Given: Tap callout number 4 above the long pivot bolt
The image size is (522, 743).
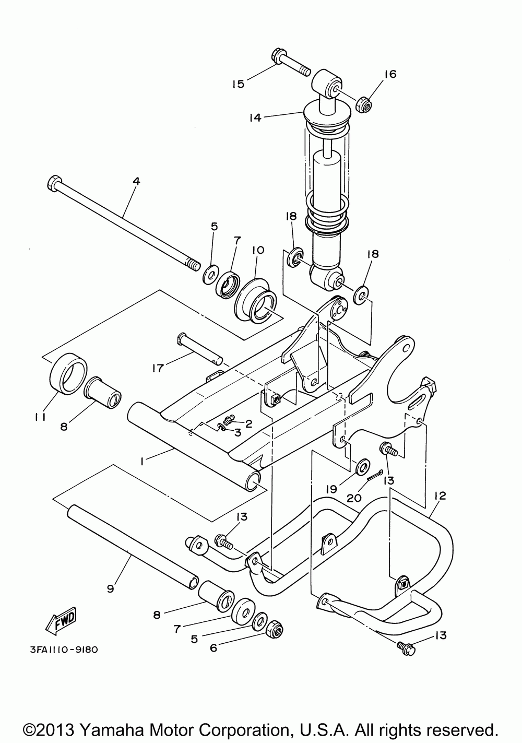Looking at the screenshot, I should click(136, 182).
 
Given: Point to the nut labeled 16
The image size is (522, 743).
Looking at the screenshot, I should click(363, 103).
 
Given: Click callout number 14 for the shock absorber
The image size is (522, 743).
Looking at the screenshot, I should click(255, 117).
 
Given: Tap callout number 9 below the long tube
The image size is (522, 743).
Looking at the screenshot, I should click(111, 588).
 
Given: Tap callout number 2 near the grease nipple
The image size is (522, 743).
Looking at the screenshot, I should click(249, 423).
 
